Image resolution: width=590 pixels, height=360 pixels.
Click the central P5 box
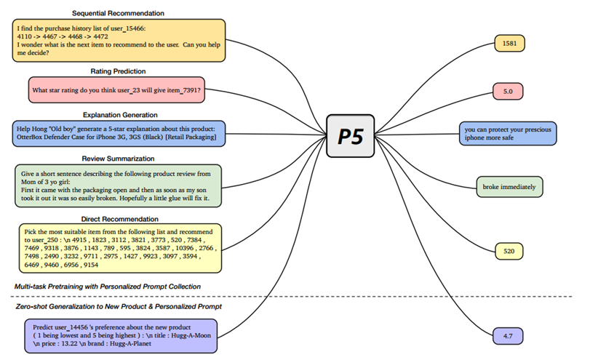351,136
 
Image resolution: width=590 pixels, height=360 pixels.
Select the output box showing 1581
509,44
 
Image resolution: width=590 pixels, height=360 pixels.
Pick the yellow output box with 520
509,252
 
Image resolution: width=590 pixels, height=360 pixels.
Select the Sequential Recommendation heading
118,13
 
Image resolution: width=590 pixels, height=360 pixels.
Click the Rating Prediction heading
118,71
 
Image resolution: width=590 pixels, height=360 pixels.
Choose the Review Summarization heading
118,158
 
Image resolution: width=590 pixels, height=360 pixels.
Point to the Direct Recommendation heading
119,218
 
